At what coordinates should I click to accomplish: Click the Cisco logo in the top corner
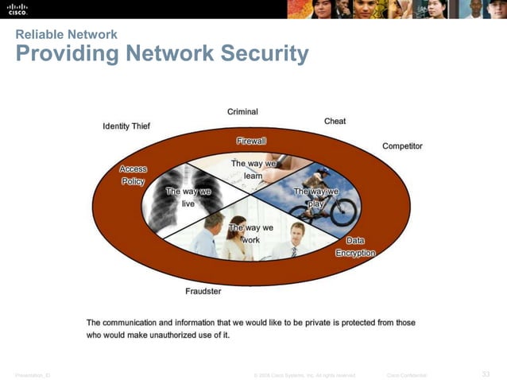coord(17,9)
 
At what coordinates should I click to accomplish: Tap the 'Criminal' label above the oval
coord(242,112)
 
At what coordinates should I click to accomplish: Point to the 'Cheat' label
coord(335,122)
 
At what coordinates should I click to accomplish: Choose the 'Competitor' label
coord(402,146)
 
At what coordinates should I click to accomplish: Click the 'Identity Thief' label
coord(126,126)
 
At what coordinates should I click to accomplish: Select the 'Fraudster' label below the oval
coord(203,291)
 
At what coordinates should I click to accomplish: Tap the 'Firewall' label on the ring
coord(251,141)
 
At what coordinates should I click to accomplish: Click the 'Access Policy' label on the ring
coord(133,175)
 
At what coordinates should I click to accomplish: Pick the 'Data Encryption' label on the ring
coord(355,246)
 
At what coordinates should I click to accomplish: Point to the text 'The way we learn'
coord(253,169)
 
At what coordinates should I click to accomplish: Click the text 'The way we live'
coord(188,197)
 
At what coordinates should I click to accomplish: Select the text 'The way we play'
coord(316,197)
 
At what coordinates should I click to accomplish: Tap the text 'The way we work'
coord(250,234)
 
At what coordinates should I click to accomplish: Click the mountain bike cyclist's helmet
coord(323,169)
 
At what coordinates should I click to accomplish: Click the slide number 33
coord(486,374)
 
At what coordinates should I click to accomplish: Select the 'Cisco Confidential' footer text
coord(406,375)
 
